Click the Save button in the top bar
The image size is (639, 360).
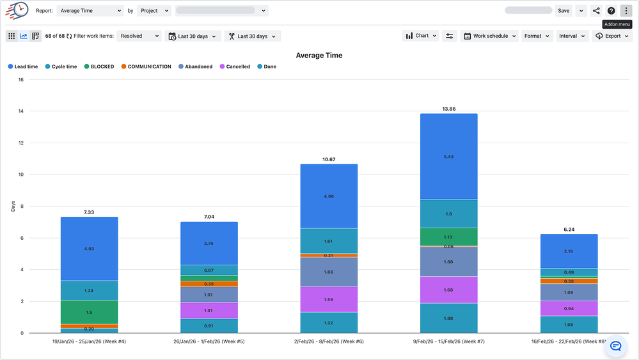[564, 11]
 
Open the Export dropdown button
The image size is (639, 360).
[611, 36]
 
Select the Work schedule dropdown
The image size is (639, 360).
[489, 36]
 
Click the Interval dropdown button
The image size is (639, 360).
[571, 36]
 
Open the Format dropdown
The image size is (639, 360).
[536, 36]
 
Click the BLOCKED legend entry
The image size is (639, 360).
[99, 67]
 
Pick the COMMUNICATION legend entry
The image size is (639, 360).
[145, 67]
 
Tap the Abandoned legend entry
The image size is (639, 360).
[195, 67]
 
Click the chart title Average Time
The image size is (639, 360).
[319, 56]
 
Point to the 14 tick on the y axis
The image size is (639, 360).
[20, 111]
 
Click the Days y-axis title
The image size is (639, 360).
[13, 207]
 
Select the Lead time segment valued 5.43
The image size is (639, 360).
[448, 157]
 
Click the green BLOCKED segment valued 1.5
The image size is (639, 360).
[89, 312]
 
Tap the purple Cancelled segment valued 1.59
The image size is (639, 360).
[329, 299]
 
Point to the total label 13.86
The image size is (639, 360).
[448, 109]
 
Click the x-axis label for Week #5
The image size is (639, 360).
[209, 341]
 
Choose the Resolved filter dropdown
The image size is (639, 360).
[139, 36]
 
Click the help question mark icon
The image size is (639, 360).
[611, 11]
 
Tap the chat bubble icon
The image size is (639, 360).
[616, 345]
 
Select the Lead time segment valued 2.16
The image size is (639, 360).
[569, 251]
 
